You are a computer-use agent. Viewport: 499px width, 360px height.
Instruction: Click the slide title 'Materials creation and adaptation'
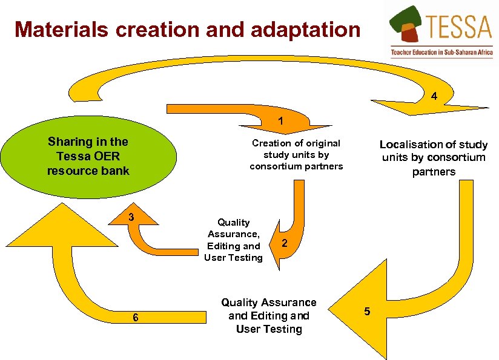[187, 29]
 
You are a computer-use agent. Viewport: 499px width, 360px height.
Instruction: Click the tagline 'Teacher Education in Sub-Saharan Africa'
[441, 53]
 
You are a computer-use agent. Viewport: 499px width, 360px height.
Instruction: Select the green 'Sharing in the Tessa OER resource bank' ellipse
[88, 156]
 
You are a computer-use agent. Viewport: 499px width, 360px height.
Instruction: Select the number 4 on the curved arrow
[433, 96]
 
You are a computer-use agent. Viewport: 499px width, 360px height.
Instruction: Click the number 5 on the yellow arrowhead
[366, 312]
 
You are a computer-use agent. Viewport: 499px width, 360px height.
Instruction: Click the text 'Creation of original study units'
[296, 154]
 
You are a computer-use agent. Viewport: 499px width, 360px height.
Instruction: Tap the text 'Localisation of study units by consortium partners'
[433, 158]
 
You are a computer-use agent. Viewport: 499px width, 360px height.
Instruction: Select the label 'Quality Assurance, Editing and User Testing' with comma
[234, 240]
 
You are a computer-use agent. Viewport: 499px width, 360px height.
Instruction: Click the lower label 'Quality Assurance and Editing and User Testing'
[269, 315]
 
